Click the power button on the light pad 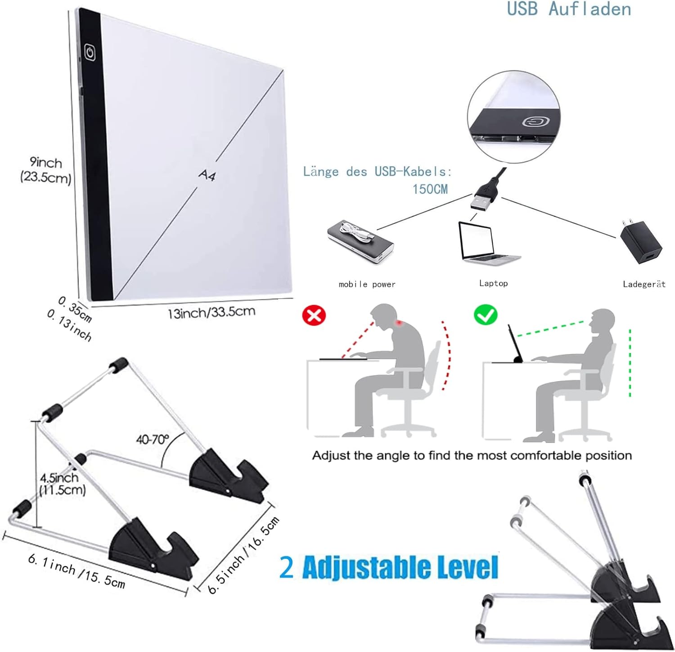(x=90, y=52)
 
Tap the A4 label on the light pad (x=207, y=175)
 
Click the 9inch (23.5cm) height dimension (x=45, y=170)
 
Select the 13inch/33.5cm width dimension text (x=211, y=312)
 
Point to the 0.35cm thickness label (x=75, y=309)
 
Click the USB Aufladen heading (x=569, y=9)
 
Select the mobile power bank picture (x=360, y=242)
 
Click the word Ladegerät (x=644, y=284)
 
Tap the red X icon (x=314, y=315)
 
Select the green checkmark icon (x=486, y=315)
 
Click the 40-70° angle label (x=153, y=439)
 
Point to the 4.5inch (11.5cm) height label (x=62, y=484)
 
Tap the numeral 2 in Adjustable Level (x=287, y=567)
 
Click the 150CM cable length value (x=430, y=189)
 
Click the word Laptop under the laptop (x=493, y=283)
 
